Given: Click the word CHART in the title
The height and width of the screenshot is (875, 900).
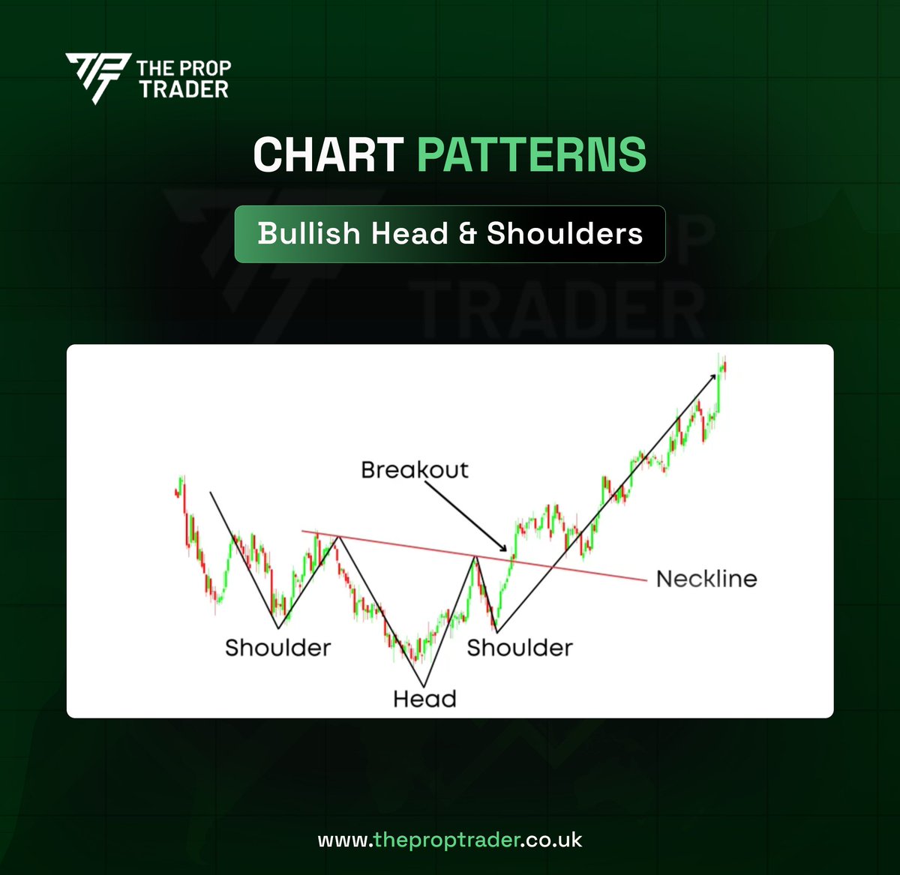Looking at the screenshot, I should click(328, 154).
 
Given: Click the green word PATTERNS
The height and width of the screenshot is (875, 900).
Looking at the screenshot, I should click(531, 154).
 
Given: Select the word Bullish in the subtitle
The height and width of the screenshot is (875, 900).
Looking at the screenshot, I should click(308, 234).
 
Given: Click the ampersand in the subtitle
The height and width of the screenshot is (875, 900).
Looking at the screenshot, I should click(467, 235).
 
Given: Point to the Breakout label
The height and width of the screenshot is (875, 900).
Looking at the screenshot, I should click(414, 470).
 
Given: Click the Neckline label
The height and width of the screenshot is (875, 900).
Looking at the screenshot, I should click(706, 579).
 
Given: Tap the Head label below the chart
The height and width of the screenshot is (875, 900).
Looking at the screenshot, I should click(424, 699).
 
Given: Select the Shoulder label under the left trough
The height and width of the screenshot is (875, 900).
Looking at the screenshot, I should click(277, 648).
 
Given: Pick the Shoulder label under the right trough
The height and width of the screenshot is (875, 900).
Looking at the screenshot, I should click(520, 648).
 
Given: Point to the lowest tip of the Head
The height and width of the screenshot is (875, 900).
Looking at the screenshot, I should click(424, 685).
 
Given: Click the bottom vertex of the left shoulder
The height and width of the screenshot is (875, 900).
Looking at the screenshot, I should click(278, 628).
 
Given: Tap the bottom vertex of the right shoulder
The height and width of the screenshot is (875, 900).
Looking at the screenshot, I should click(496, 630).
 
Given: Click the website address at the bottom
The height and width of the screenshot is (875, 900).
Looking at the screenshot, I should click(450, 840).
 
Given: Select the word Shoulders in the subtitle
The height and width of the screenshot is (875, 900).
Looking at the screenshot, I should click(565, 234).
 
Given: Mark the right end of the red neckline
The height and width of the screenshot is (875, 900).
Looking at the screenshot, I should click(645, 580).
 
